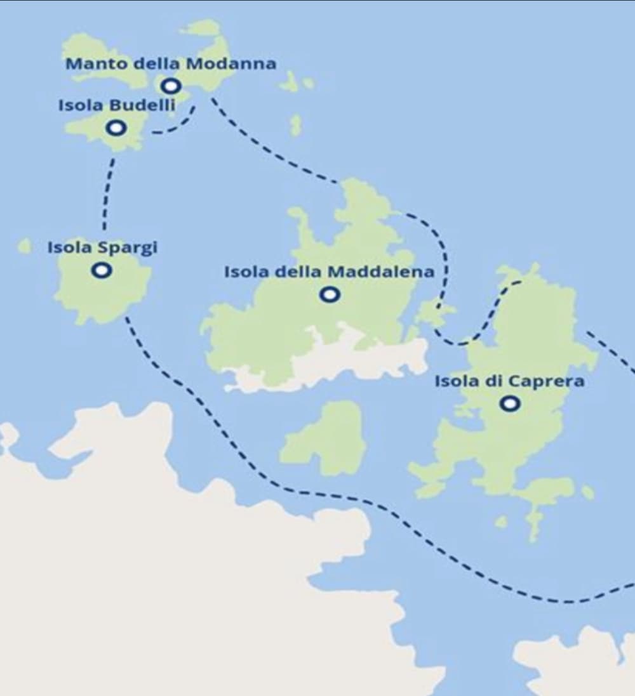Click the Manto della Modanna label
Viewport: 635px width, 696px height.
[x=171, y=64]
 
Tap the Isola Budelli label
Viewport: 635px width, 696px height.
[x=116, y=105]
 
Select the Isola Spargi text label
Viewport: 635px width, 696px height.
[x=102, y=247]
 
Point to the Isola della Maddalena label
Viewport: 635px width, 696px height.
[x=329, y=272]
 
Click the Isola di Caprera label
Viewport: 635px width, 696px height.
[x=509, y=381]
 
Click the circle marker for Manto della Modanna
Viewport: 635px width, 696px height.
[x=170, y=86]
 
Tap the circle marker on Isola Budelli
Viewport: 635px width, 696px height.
[x=116, y=128]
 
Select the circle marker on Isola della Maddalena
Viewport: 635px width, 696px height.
[x=330, y=294]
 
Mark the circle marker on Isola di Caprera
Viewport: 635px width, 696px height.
[x=509, y=404]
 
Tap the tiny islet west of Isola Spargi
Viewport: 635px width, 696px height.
[x=24, y=246]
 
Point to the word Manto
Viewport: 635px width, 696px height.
[x=88, y=64]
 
